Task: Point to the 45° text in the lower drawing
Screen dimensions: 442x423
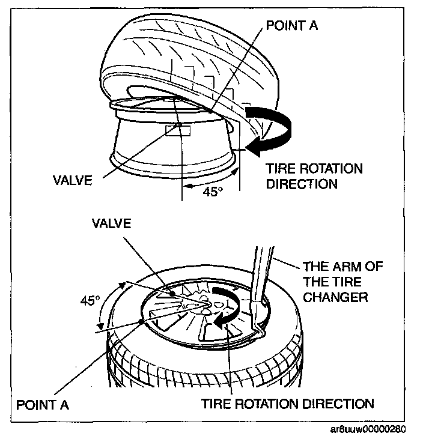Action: tap(91, 300)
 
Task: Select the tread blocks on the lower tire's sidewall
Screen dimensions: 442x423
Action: tap(180, 366)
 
